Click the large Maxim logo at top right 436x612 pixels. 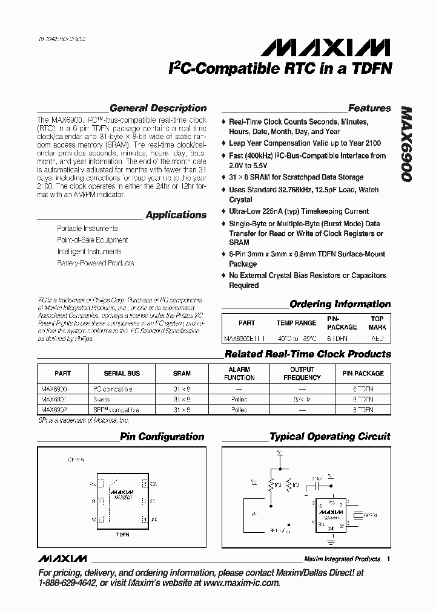[329, 48]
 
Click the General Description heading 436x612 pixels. [158, 108]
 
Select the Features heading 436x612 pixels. [369, 108]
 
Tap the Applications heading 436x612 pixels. [176, 215]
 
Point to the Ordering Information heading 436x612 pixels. [340, 304]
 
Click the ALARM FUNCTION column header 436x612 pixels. [239, 374]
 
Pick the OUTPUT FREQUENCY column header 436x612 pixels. [302, 374]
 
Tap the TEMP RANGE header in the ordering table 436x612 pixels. [296, 323]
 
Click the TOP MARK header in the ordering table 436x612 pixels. [377, 323]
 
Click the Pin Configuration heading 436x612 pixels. [162, 437]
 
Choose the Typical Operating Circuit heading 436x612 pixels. [329, 437]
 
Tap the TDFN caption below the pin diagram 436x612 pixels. [122, 535]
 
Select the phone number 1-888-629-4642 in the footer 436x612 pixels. [66, 583]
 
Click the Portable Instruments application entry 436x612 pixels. [87, 229]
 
